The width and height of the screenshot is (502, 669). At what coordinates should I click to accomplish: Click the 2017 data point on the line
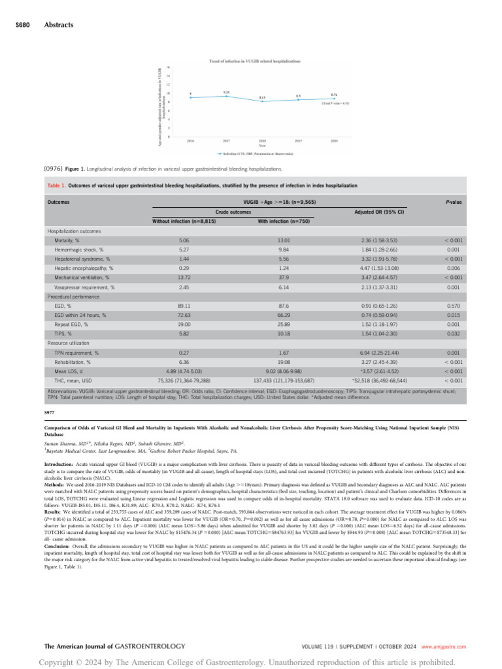tap(226, 96)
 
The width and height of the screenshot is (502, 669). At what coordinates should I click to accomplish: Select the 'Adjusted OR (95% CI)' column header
tap(382, 212)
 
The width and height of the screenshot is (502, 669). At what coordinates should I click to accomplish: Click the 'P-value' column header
tap(454, 203)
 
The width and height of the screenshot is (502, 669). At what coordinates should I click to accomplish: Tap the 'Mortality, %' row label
tap(71, 240)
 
